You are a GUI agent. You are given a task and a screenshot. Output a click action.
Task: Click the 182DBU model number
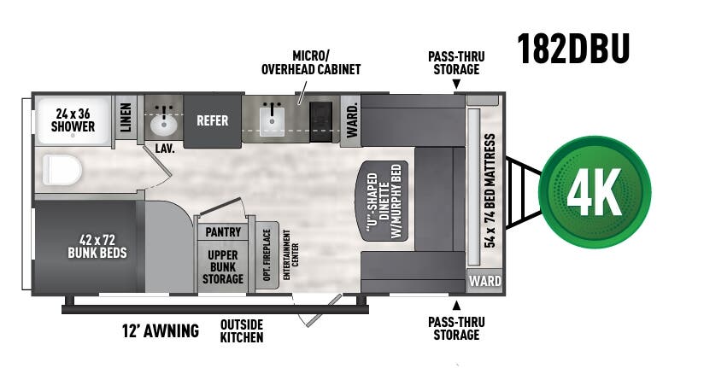pos(572,50)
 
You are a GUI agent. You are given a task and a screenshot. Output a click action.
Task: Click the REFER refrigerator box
pos(212,120)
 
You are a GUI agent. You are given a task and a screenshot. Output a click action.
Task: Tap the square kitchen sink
pos(272,120)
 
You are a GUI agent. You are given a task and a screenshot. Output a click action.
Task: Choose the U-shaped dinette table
pos(384,199)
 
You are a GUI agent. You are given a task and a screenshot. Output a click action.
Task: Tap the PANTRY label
pos(223,231)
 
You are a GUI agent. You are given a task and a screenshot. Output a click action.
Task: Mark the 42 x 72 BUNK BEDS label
pos(97,246)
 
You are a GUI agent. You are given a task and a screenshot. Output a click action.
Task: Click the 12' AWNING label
pos(161,330)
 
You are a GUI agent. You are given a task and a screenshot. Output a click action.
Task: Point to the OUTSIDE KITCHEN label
pos(242,330)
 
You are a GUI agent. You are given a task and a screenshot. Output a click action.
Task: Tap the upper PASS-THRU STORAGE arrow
pos(455,85)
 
